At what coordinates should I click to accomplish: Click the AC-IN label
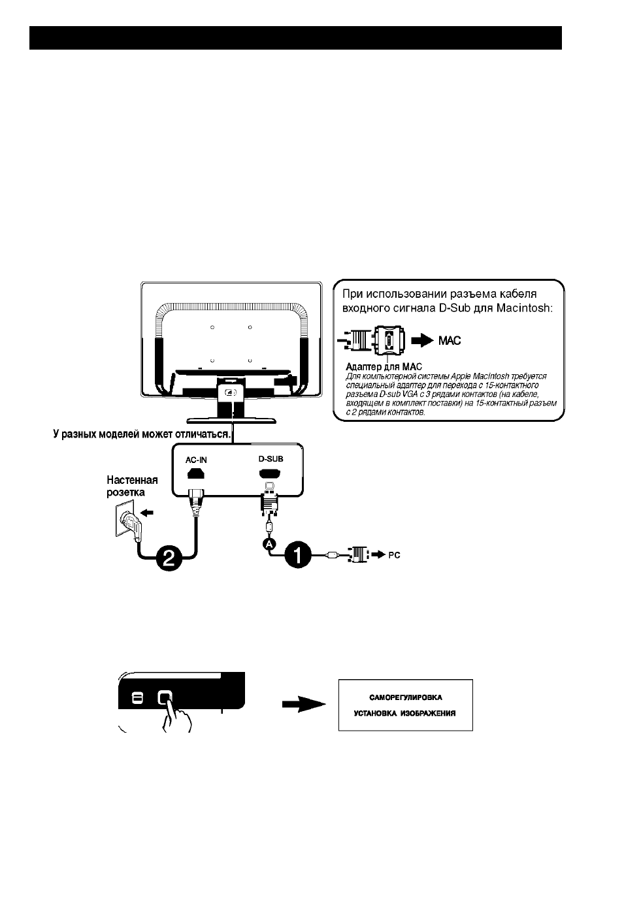tap(196, 460)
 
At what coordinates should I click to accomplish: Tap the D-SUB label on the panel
tap(271, 459)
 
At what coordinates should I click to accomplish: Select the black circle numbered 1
tap(298, 555)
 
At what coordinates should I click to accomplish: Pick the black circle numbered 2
tap(169, 558)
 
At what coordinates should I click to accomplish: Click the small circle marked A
tap(269, 545)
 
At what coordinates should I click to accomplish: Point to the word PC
tap(394, 555)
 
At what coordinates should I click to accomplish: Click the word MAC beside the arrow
tap(450, 341)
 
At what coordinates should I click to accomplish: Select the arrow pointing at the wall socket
tap(146, 513)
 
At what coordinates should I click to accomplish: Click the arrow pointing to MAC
tap(422, 341)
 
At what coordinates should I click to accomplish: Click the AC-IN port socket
tap(195, 473)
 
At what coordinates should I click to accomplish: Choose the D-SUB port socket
tap(270, 473)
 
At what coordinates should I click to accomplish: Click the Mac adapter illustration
tap(371, 341)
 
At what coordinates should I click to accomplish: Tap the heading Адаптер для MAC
tap(384, 367)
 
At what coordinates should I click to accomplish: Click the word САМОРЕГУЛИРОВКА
tap(406, 697)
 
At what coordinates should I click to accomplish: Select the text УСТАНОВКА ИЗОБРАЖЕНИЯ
tap(405, 713)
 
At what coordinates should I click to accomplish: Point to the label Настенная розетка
tap(132, 486)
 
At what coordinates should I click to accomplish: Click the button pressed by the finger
tap(165, 698)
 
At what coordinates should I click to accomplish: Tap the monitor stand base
tap(231, 421)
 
